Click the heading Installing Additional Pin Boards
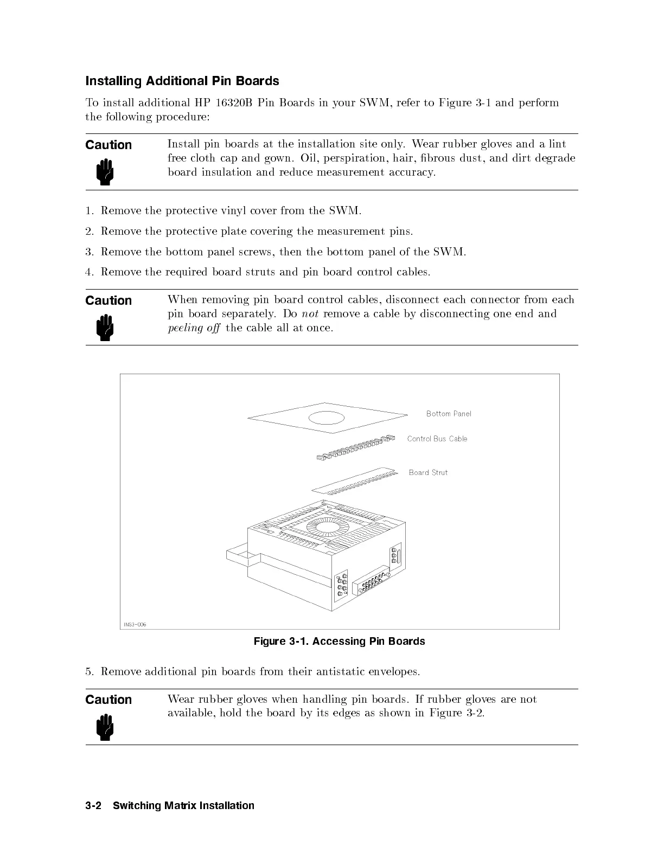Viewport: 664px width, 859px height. [x=182, y=81]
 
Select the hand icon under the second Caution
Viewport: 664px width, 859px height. [x=105, y=328]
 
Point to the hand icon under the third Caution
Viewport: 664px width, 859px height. [x=105, y=727]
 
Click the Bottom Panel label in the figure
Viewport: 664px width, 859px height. [x=449, y=414]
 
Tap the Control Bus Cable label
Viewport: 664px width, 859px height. [x=437, y=439]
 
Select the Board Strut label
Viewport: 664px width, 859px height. [x=428, y=472]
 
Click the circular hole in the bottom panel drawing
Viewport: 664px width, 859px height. [x=327, y=418]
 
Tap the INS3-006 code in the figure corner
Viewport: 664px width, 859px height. [x=135, y=624]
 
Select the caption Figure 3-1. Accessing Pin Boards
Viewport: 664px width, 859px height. [x=339, y=642]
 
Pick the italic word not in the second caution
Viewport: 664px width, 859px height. [x=309, y=313]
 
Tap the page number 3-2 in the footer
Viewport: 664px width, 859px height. [x=95, y=805]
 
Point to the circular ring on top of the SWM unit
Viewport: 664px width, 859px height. [x=327, y=528]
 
